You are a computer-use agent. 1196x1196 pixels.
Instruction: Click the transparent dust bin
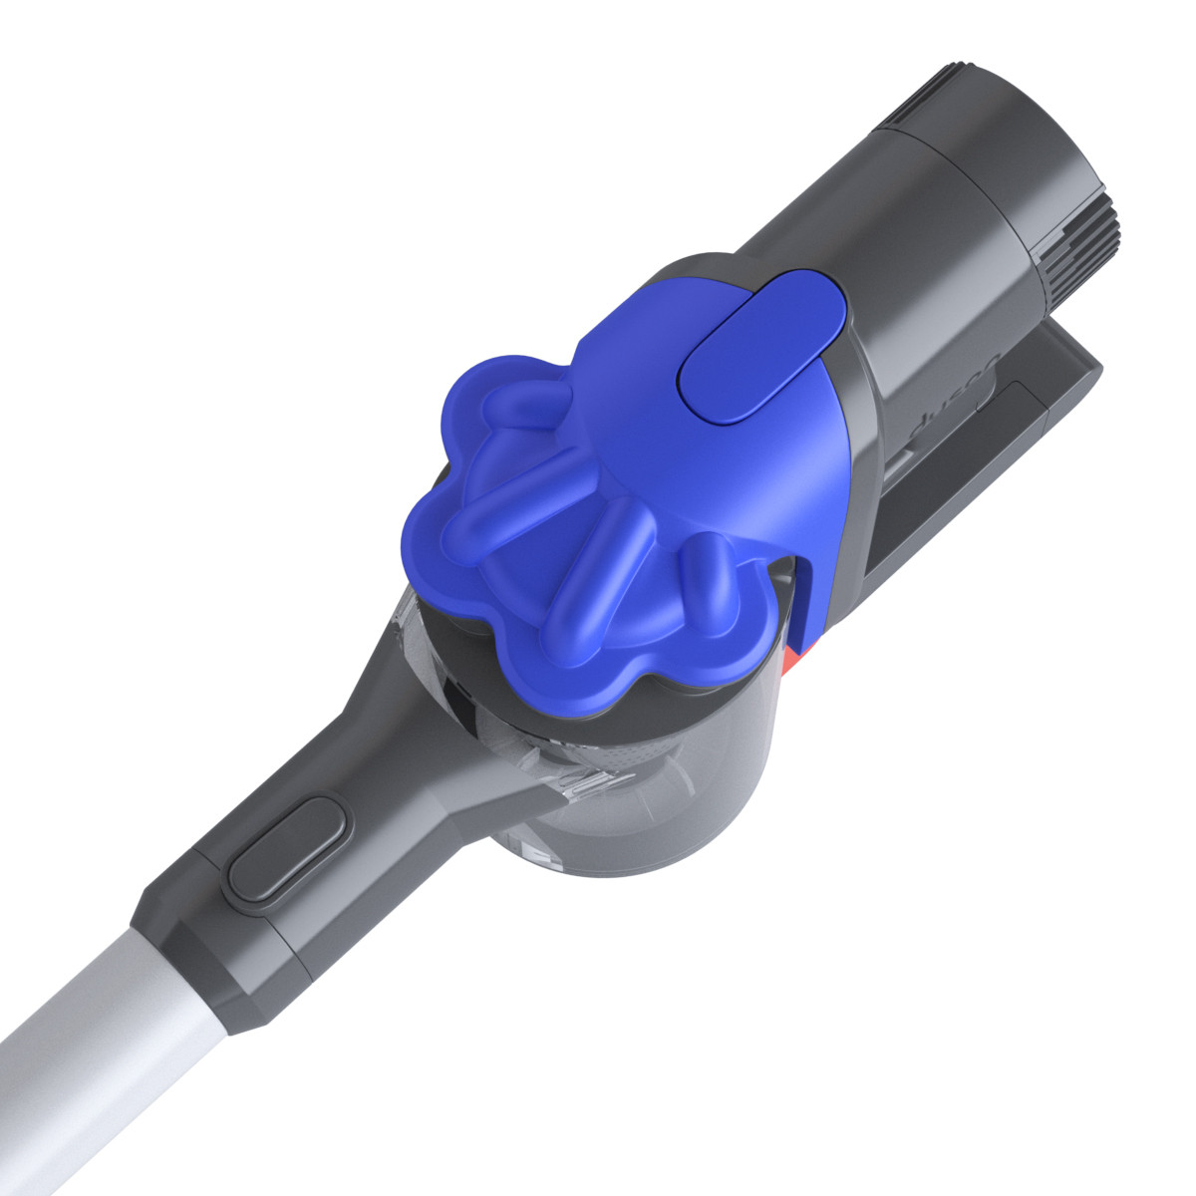coord(638,797)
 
